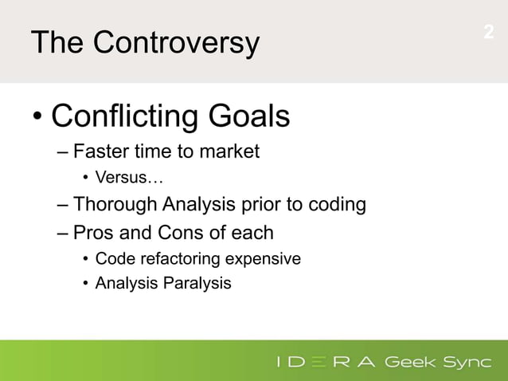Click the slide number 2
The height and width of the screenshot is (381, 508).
coord(488,33)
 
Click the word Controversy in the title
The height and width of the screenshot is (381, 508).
coord(176,42)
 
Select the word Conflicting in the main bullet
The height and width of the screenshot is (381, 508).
coord(124,118)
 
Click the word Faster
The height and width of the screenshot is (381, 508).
coord(101,151)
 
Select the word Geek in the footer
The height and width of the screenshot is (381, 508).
coord(412,363)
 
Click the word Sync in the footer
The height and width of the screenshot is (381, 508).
coord(467,363)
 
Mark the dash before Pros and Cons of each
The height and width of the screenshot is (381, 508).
coord(63,234)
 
